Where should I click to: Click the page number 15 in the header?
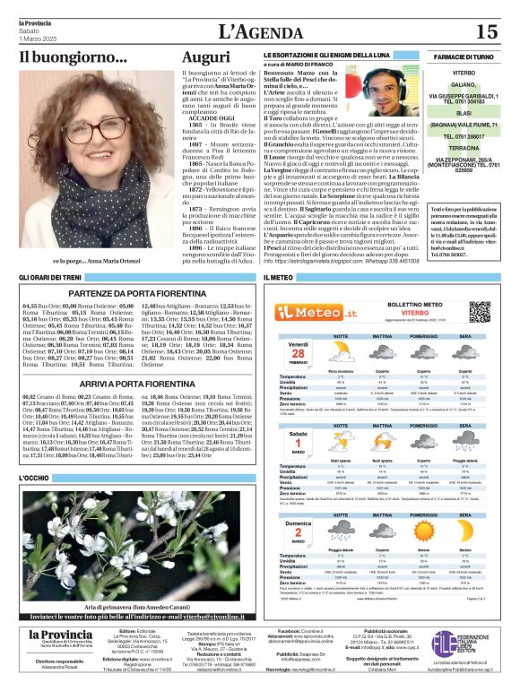487,32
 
